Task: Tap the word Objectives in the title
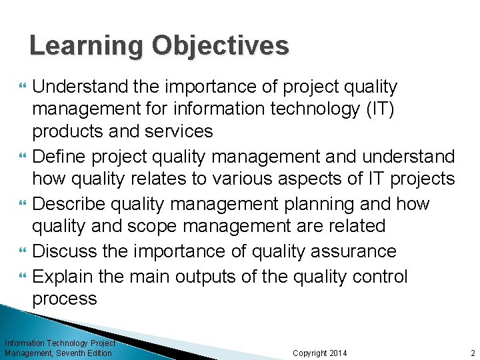coord(221,46)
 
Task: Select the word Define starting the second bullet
coord(64,157)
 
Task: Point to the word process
coord(65,299)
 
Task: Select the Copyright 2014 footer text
coord(320,353)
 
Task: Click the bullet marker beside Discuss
coord(24,252)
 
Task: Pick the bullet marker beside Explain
coord(24,276)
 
